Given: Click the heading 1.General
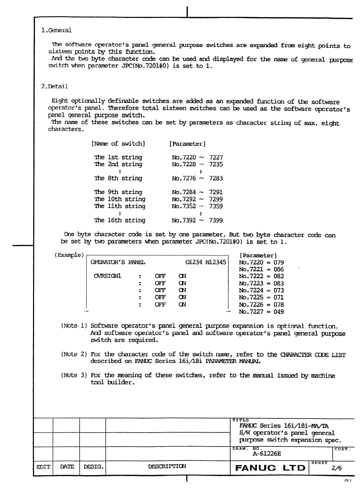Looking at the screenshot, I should pos(56,30).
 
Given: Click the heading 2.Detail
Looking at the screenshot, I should pos(54,86).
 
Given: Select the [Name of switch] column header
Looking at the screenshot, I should pos(118,144).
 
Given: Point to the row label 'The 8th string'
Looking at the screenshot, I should pos(118,178).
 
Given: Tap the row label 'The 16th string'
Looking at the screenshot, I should pos(120,221).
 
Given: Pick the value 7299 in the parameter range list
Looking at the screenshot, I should pos(216,199).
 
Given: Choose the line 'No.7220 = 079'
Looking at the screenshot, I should pos(261,262).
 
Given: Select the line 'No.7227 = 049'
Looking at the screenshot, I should pos(261,312).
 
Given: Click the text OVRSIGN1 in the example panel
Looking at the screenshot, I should pos(107,276).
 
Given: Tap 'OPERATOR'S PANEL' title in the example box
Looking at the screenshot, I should pos(118,262).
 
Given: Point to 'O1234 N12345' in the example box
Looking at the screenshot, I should pos(206,262).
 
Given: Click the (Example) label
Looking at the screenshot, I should pos(69,255).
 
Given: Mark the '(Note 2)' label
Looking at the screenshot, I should pos(74,354).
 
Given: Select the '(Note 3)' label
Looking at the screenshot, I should pos(74,375).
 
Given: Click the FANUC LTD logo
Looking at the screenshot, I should pos(270,468).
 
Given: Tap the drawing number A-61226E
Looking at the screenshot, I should pos(267,454).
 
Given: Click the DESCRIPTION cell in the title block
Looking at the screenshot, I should pos(167,467).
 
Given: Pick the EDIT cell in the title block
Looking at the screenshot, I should pos(43,467).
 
